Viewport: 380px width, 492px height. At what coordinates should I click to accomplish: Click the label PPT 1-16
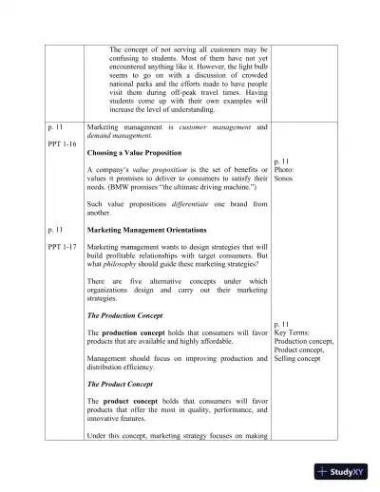tap(63, 143)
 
